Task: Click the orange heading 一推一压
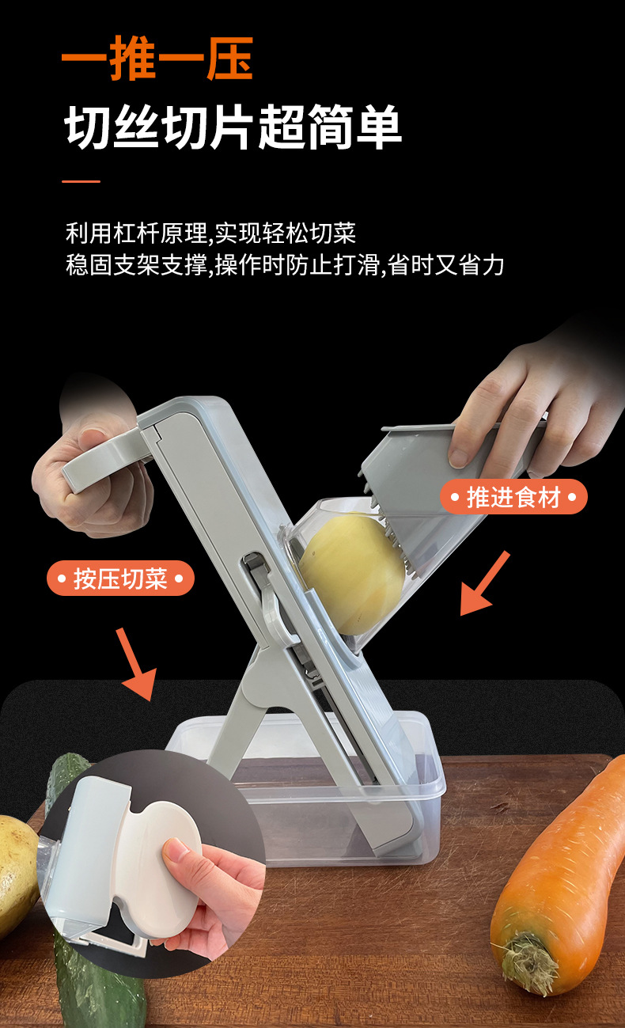(157, 59)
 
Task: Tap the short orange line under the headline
(81, 181)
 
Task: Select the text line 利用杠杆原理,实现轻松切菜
(210, 233)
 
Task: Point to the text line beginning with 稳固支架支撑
(285, 265)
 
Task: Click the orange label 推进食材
(513, 498)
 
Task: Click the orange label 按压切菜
(120, 578)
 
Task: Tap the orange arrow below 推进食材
(484, 585)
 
